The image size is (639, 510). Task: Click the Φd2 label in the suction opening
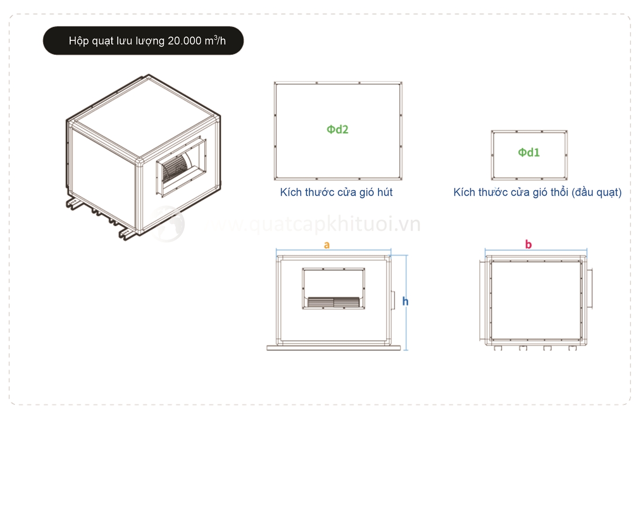(337, 129)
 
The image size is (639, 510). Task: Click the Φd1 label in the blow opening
(529, 152)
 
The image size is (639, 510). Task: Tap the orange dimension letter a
(327, 245)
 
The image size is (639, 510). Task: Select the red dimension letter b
(528, 244)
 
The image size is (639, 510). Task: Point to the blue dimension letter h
(405, 301)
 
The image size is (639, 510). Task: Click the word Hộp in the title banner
(79, 41)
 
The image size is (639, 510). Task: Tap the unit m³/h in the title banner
(215, 40)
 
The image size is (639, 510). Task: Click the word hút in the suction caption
(385, 192)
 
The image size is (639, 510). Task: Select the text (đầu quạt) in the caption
(596, 192)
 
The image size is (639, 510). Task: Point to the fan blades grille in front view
(334, 302)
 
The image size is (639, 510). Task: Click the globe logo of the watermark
(167, 224)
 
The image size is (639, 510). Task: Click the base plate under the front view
(334, 348)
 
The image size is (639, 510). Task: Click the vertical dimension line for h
(406, 303)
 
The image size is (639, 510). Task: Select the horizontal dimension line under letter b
(536, 250)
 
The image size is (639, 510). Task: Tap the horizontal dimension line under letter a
(334, 250)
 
